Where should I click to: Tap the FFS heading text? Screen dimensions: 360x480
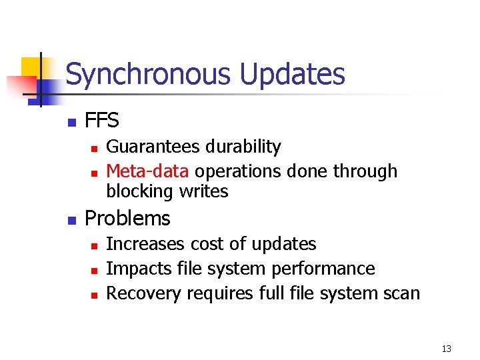[x=102, y=121]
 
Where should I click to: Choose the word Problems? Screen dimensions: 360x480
[x=128, y=219]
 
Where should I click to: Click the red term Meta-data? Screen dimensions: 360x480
[x=147, y=171]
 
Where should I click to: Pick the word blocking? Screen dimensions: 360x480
[x=139, y=192]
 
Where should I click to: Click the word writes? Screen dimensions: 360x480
[x=203, y=192]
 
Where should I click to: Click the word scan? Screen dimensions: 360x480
[x=401, y=293]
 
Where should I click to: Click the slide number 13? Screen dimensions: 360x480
[x=446, y=349]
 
